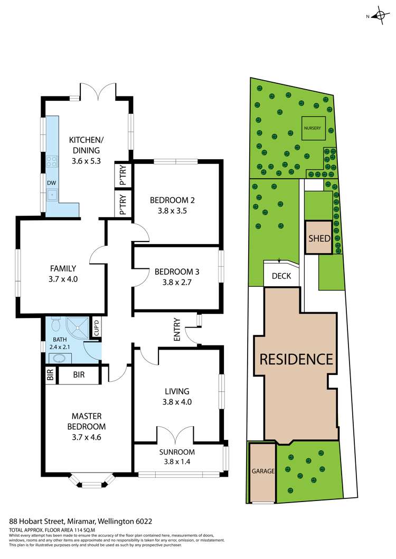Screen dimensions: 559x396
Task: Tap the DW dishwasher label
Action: coord(51,183)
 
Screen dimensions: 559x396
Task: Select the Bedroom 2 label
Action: coord(173,200)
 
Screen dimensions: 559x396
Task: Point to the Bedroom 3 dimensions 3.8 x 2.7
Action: coord(176,282)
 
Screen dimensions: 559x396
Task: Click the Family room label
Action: coord(63,268)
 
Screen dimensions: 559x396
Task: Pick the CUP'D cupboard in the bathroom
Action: coord(97,327)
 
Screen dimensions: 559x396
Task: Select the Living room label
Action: coord(176,391)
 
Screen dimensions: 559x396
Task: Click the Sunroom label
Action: coord(177,452)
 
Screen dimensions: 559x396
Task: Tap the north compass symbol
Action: coord(379,16)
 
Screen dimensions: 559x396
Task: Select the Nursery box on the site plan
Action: coord(312,128)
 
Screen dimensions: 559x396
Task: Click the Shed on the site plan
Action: coord(319,238)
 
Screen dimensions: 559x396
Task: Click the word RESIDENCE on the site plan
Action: coord(296,359)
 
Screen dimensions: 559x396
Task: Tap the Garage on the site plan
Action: coord(262,471)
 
